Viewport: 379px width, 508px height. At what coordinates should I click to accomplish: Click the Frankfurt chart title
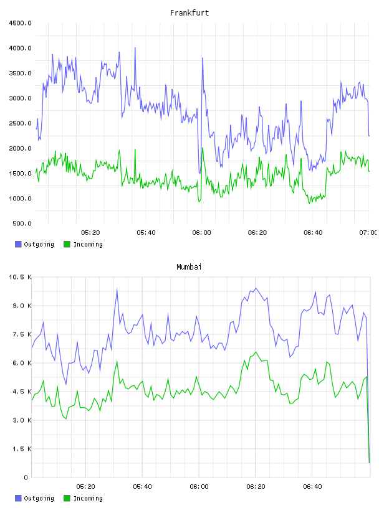click(189, 12)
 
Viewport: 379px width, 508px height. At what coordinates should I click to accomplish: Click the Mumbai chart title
click(189, 266)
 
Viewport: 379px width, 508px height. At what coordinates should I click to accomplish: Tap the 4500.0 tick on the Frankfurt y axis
click(20, 23)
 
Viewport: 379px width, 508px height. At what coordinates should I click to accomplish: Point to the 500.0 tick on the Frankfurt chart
click(22, 223)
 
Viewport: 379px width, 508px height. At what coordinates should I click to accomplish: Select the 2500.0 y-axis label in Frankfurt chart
click(20, 123)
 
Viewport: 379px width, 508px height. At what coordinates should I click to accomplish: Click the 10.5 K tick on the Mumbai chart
click(20, 277)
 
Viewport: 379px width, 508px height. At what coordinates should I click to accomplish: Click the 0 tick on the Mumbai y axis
click(26, 477)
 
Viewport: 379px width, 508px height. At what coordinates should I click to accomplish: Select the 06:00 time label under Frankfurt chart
click(201, 233)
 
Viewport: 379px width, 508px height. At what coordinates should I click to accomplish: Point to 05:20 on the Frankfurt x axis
click(90, 233)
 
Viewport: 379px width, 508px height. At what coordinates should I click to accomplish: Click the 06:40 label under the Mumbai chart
click(312, 487)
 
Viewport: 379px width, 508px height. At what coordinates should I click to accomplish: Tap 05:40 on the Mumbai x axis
click(142, 487)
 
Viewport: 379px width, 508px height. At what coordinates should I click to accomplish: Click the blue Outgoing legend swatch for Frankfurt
click(18, 244)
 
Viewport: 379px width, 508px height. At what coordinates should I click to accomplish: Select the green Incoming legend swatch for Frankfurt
click(67, 244)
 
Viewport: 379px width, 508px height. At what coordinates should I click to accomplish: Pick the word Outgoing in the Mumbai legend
click(39, 498)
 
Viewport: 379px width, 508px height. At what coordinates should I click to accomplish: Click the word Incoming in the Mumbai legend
click(88, 498)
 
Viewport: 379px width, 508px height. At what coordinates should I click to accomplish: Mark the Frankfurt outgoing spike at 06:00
click(203, 58)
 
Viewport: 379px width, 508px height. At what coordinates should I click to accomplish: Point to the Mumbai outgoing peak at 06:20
click(256, 288)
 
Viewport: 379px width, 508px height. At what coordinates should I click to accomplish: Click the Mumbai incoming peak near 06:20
click(256, 352)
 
